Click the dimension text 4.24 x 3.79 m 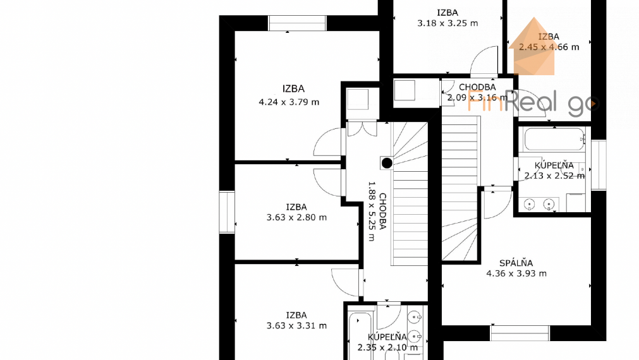click(289, 102)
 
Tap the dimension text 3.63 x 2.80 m click(296, 217)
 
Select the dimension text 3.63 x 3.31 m click(296, 326)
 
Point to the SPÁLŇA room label click(516, 263)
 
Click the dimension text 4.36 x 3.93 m click(516, 273)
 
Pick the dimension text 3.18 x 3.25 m click(447, 23)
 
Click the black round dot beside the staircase click(387, 163)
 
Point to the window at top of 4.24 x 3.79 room click(297, 23)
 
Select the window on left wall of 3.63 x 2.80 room click(226, 212)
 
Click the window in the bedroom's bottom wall click(520, 333)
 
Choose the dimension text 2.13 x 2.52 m click(554, 176)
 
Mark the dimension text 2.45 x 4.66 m click(549, 47)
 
